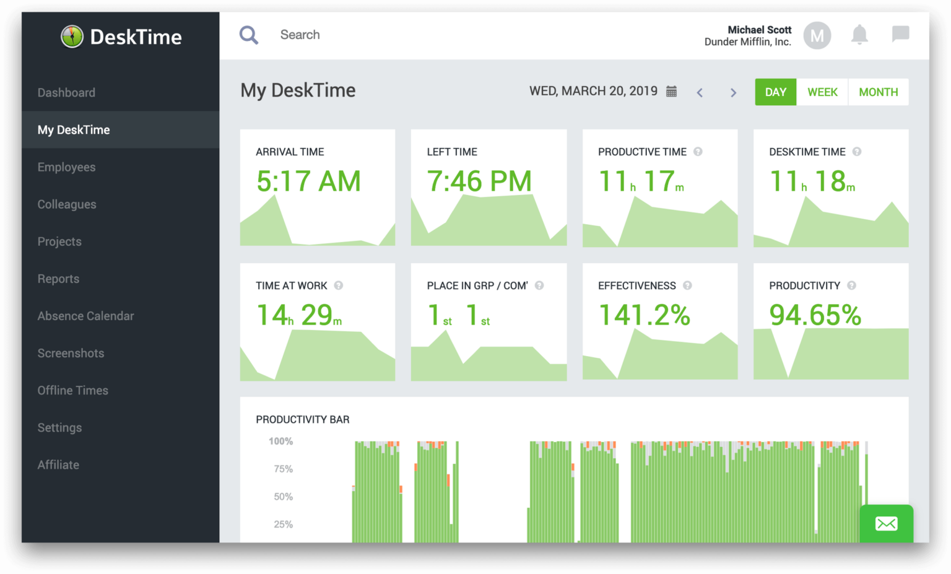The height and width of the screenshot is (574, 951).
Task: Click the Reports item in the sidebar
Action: point(58,279)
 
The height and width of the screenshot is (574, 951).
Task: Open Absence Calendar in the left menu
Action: point(85,316)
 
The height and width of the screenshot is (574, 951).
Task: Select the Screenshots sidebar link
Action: point(71,353)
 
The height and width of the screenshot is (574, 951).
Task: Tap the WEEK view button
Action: point(822,92)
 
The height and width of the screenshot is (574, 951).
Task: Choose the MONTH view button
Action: point(878,92)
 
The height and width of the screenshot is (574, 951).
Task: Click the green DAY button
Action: point(775,92)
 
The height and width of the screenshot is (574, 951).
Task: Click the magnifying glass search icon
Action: point(249,35)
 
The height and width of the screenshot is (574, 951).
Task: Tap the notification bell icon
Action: point(859,35)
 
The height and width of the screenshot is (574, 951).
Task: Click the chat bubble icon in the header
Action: point(900,33)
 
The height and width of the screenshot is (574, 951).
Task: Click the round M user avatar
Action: point(817,36)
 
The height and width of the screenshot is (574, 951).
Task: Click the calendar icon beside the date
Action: point(671,92)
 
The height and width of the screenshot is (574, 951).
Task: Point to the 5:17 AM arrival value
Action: point(308,181)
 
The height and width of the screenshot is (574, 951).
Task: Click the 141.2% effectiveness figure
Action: point(644,315)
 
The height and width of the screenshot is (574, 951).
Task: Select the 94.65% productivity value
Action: point(815,315)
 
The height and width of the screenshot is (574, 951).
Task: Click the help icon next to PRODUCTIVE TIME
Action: point(698,152)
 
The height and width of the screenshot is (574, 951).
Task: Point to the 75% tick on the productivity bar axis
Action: point(283,469)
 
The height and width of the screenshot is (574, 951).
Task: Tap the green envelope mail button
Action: point(886,524)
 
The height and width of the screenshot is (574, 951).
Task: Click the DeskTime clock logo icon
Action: point(72,37)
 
